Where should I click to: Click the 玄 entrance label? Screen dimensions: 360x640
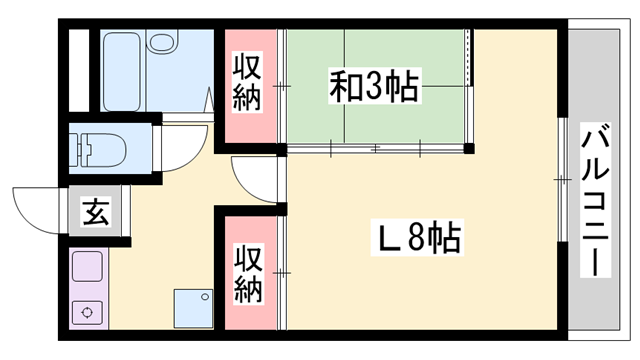(96, 212)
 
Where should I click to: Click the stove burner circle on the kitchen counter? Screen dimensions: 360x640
(89, 311)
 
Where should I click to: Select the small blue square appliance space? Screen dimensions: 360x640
(192, 305)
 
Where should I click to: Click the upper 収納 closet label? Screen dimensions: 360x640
(248, 83)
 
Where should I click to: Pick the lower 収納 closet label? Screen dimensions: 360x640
(248, 274)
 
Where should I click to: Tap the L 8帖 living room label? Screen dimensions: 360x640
(417, 238)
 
